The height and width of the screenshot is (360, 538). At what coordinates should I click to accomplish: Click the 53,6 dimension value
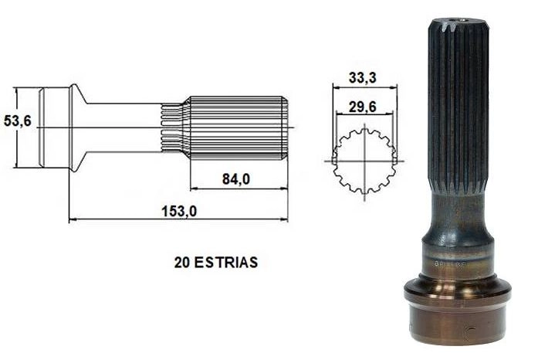(18, 121)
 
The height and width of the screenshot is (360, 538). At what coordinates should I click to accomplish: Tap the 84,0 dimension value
(236, 178)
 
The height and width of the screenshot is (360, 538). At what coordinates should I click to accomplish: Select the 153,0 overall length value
(179, 211)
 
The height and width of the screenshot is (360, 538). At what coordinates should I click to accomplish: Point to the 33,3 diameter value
(362, 77)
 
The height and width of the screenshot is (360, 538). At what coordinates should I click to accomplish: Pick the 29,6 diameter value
(362, 107)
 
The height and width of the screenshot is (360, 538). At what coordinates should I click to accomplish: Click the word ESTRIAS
(225, 263)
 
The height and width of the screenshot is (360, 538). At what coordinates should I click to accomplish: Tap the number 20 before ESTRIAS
(182, 263)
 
